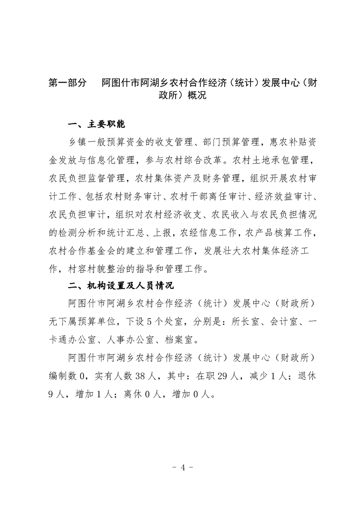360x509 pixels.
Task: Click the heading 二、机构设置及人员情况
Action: point(120,286)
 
